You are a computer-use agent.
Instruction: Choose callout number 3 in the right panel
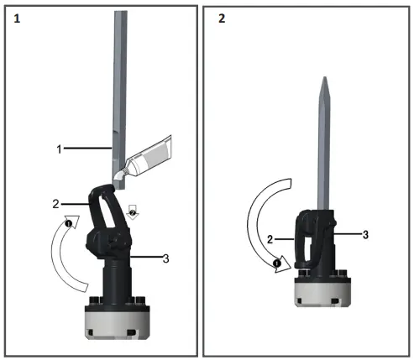point(365,235)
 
